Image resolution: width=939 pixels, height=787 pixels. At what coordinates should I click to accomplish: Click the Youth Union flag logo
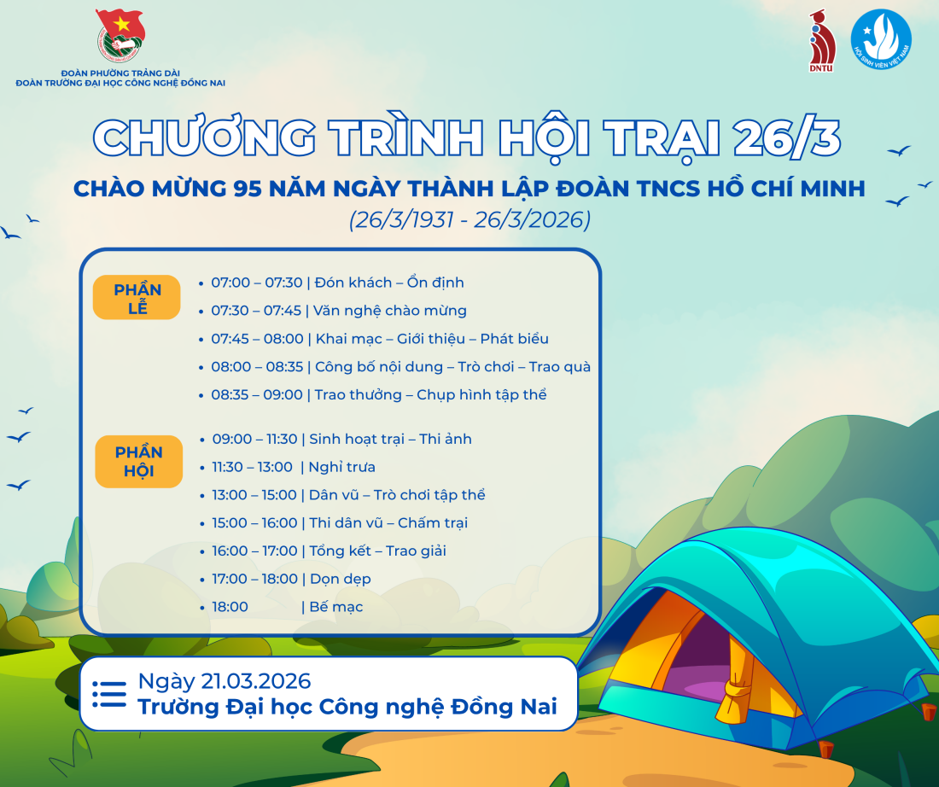[x=120, y=35]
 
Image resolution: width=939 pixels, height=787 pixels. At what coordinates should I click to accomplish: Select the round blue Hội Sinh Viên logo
[x=881, y=39]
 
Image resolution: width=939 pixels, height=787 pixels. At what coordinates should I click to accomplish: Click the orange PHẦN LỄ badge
[x=137, y=298]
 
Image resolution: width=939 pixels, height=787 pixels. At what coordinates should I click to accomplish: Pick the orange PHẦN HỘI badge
[x=139, y=461]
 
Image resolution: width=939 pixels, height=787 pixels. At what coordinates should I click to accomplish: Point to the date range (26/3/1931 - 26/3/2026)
[x=469, y=220]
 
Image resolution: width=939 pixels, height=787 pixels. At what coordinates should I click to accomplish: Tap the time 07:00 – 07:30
[x=257, y=283]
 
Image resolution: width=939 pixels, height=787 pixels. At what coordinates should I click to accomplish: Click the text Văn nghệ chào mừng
[x=390, y=311]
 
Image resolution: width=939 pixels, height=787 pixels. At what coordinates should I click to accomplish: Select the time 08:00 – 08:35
[x=258, y=366]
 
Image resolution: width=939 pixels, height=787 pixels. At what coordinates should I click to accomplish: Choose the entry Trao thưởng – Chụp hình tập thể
[x=430, y=395]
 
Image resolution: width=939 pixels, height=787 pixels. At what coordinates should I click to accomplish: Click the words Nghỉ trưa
[x=342, y=467]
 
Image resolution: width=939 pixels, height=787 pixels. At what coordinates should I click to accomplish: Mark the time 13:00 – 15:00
[x=254, y=495]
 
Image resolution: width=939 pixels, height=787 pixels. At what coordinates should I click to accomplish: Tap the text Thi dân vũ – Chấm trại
[x=388, y=523]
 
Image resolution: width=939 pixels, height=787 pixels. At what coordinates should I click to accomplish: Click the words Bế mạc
[x=336, y=607]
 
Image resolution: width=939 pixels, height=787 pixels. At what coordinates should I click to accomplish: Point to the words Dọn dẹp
[x=340, y=580]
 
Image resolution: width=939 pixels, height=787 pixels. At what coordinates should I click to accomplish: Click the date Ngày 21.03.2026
[x=225, y=682]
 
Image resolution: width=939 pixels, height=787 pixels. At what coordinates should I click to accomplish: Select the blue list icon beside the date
[x=109, y=694]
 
